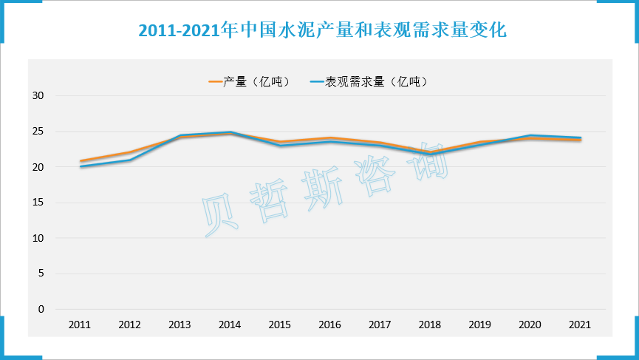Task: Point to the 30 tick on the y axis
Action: [x=39, y=96]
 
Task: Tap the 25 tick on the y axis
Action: [x=39, y=132]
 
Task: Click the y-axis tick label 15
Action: [x=39, y=203]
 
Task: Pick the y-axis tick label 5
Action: [x=41, y=274]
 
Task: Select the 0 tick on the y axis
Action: [x=41, y=309]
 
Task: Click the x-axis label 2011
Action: [x=80, y=325]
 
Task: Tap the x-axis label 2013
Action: [x=180, y=325]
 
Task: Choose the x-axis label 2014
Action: [x=230, y=325]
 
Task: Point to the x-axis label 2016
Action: [x=329, y=325]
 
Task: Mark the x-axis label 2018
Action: [x=430, y=325]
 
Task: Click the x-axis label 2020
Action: [x=530, y=325]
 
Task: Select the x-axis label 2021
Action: [x=580, y=325]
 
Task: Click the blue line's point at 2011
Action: [x=80, y=166]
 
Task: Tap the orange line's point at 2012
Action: [x=130, y=152]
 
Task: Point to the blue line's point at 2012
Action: [x=130, y=160]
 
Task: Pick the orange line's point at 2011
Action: [x=80, y=160]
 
